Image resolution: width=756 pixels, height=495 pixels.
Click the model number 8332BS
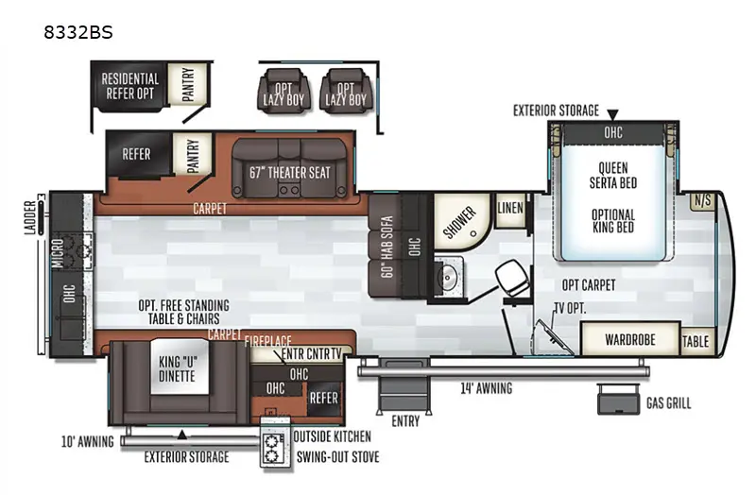78,32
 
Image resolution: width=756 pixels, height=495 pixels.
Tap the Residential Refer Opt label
129,86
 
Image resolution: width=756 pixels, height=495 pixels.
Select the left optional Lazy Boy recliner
283,91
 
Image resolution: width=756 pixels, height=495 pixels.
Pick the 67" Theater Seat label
289,173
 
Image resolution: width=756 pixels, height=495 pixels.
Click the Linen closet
510,209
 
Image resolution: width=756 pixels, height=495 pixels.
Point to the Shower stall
459,222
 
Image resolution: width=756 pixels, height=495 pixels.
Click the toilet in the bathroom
512,278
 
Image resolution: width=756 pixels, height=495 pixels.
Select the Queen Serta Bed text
612,176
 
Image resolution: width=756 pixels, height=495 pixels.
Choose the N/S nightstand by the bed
702,201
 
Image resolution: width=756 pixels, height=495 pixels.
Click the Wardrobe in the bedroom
630,339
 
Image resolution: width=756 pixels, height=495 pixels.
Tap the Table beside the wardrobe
696,342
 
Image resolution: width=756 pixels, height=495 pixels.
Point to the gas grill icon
618,400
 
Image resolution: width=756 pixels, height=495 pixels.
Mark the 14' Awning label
486,388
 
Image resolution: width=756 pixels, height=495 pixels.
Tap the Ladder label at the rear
30,218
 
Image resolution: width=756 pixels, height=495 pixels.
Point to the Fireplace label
268,341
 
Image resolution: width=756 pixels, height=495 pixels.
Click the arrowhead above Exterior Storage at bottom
181,435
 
